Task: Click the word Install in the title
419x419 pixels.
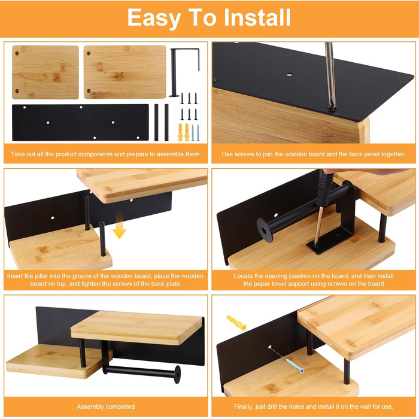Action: pos(257,17)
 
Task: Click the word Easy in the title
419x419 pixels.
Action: pos(154,18)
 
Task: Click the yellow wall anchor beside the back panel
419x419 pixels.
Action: pos(236,322)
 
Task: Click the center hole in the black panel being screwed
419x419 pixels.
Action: pos(289,75)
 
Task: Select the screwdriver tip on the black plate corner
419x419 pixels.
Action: pos(333,108)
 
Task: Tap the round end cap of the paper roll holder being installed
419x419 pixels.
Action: pos(265,230)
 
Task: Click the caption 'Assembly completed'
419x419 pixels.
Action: pos(105,406)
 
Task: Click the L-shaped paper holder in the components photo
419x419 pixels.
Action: pos(184,72)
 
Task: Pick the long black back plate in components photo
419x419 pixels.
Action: pos(80,122)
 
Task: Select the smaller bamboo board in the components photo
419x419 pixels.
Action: pos(45,72)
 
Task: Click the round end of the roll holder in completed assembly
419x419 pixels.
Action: pos(177,375)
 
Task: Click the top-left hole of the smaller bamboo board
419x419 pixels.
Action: pos(17,53)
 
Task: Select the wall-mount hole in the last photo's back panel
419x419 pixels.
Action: pos(270,347)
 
